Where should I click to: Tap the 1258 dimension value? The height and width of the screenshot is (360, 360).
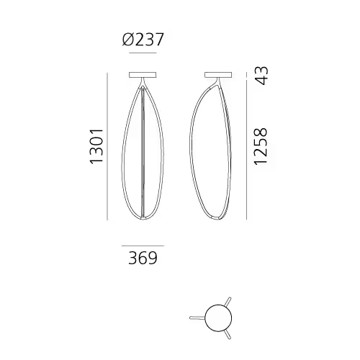pyautogui.click(x=260, y=146)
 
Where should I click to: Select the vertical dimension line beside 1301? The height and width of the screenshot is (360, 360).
pyautogui.click(x=108, y=146)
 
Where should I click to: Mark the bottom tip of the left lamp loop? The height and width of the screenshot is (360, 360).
pyautogui.click(x=145, y=220)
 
